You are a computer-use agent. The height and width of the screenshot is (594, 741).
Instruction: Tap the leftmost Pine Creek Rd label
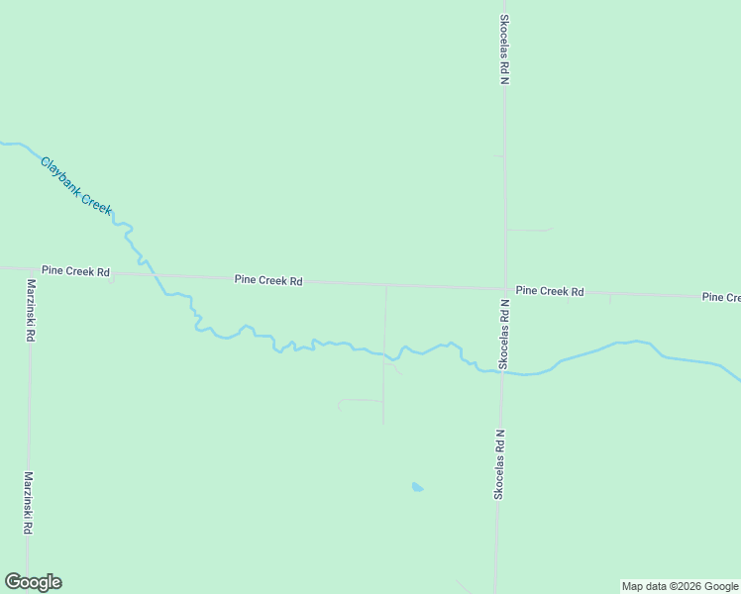point(75,271)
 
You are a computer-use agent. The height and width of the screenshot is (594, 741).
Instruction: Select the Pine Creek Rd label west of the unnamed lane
point(268,280)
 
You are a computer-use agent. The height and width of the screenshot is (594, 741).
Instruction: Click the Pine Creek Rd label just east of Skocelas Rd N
point(550,291)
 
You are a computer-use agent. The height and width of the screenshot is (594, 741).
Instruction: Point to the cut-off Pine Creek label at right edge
point(720,297)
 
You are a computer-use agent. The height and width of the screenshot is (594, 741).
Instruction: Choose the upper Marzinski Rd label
point(31,310)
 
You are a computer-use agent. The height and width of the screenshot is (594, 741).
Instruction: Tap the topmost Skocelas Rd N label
point(504,49)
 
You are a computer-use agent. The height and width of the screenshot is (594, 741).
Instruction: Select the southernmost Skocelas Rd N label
point(499,463)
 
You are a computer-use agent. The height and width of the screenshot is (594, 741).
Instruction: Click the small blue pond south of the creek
point(417,487)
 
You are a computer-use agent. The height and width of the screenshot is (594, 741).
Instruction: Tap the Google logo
point(33,582)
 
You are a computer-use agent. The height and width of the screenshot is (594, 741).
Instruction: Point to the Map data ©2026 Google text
point(680,586)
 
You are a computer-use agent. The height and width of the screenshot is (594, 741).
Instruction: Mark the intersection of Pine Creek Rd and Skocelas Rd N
point(505,289)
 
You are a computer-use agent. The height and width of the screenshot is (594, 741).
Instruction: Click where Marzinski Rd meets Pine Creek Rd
point(30,268)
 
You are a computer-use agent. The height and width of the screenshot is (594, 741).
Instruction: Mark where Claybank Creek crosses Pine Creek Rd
point(154,274)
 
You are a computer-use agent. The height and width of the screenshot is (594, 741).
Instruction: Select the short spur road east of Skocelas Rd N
point(528,230)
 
